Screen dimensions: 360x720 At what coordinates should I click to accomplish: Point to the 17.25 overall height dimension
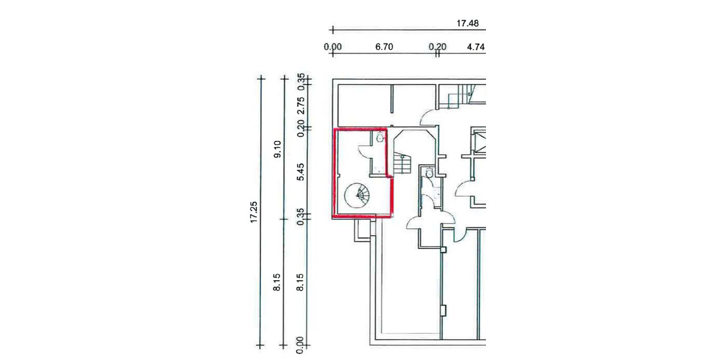[x=254, y=211]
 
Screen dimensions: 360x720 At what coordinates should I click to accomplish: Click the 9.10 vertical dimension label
[x=277, y=148]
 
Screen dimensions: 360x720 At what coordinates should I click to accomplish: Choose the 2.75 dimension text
[x=301, y=105]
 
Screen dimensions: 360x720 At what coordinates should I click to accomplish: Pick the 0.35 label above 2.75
[x=301, y=80]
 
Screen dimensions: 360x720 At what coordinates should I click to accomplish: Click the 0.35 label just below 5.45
[x=301, y=215]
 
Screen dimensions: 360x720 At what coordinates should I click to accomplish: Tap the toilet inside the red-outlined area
[x=379, y=139]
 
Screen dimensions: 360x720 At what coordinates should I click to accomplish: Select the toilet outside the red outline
[x=428, y=173]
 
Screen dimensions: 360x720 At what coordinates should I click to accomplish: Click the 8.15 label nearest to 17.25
[x=277, y=282]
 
